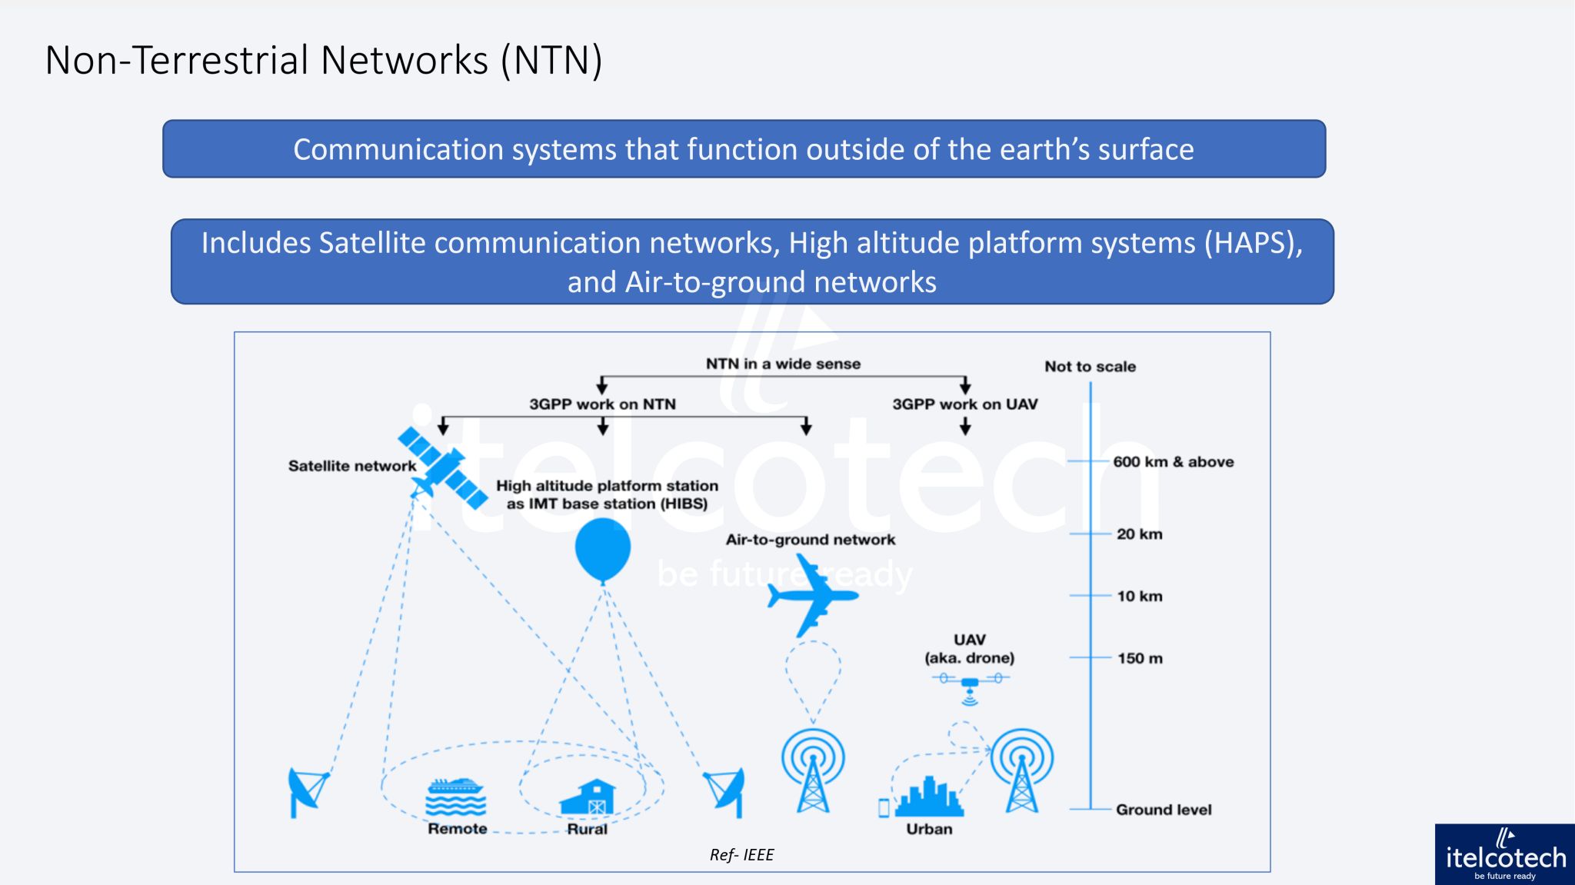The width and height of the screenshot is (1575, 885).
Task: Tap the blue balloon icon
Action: (x=603, y=548)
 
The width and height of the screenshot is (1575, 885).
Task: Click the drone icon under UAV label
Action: (x=971, y=684)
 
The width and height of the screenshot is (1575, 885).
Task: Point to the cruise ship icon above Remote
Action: (x=456, y=797)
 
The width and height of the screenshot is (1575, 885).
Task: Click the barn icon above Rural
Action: (x=588, y=797)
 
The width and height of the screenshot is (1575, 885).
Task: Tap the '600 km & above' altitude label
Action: (x=1173, y=462)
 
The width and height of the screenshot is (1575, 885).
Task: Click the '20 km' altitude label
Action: (x=1139, y=534)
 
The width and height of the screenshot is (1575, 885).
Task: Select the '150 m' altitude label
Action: (x=1140, y=658)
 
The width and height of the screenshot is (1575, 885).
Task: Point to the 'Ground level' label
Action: (x=1163, y=810)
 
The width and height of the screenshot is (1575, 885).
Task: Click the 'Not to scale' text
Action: (x=1090, y=367)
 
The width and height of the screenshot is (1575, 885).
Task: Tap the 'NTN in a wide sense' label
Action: (x=783, y=364)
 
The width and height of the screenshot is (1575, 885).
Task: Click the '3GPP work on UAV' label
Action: (x=964, y=404)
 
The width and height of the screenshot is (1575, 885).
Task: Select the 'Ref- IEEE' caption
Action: (x=741, y=855)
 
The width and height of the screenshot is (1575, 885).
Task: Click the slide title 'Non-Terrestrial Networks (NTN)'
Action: (x=324, y=60)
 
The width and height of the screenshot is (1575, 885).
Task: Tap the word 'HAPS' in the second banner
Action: (x=1251, y=243)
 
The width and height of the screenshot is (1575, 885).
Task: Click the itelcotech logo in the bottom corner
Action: (x=1504, y=854)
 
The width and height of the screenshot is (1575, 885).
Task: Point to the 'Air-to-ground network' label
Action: (x=811, y=540)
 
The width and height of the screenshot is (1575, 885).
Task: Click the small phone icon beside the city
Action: (x=884, y=807)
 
